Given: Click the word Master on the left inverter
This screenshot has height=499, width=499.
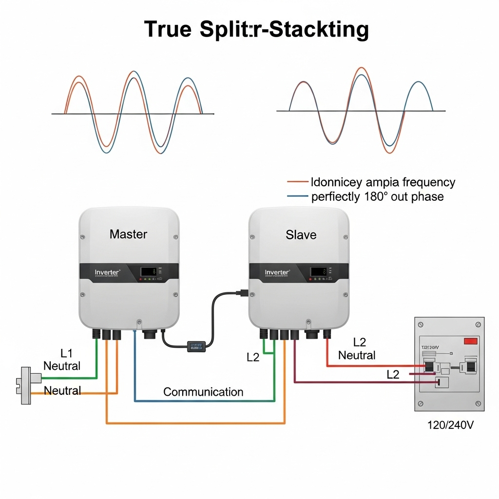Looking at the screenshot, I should [x=128, y=234].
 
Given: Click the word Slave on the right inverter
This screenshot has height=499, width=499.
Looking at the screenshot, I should [x=301, y=235].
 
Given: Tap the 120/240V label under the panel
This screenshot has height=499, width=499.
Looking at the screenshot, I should [x=450, y=425].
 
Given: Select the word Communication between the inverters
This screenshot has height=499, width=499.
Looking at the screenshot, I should [x=203, y=392].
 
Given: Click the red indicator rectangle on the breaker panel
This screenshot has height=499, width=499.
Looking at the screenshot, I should [x=471, y=342].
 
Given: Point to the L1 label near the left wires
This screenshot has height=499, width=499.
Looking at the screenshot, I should [x=66, y=352].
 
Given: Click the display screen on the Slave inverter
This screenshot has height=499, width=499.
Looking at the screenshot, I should [x=318, y=271].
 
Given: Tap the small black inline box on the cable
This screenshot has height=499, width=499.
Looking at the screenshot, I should [x=197, y=346].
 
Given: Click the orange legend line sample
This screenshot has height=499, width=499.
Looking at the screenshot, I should [x=298, y=182].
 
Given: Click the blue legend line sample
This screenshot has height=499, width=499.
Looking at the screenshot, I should [x=298, y=197].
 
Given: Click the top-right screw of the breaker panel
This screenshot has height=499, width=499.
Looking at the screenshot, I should [x=479, y=324].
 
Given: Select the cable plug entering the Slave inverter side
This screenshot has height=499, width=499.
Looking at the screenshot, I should [x=242, y=293].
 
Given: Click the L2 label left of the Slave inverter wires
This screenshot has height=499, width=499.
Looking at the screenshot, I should [x=253, y=357].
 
